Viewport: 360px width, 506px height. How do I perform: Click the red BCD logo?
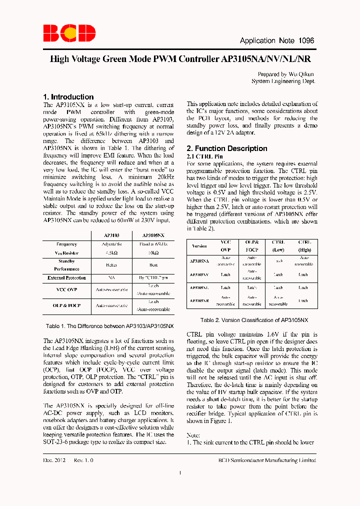click(69, 33)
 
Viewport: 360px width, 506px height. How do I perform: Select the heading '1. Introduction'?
click(68, 96)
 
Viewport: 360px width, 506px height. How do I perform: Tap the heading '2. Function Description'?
click(226, 148)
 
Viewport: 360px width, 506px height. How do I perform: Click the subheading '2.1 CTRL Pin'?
click(204, 156)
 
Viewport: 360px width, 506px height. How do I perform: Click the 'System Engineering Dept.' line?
click(283, 81)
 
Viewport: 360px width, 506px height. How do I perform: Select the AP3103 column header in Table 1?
click(111, 234)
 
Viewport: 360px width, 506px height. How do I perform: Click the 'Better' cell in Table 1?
click(111, 265)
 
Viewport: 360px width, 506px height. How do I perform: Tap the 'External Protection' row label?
click(66, 277)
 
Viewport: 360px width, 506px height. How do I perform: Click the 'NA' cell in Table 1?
click(111, 277)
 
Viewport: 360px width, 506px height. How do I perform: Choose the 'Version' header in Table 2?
click(199, 246)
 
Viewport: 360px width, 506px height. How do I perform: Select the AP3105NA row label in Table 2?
click(199, 261)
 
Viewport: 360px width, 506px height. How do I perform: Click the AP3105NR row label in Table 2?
click(199, 300)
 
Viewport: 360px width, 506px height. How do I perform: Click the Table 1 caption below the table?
click(109, 326)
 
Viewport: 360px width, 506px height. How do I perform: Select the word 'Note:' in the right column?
click(193, 434)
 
